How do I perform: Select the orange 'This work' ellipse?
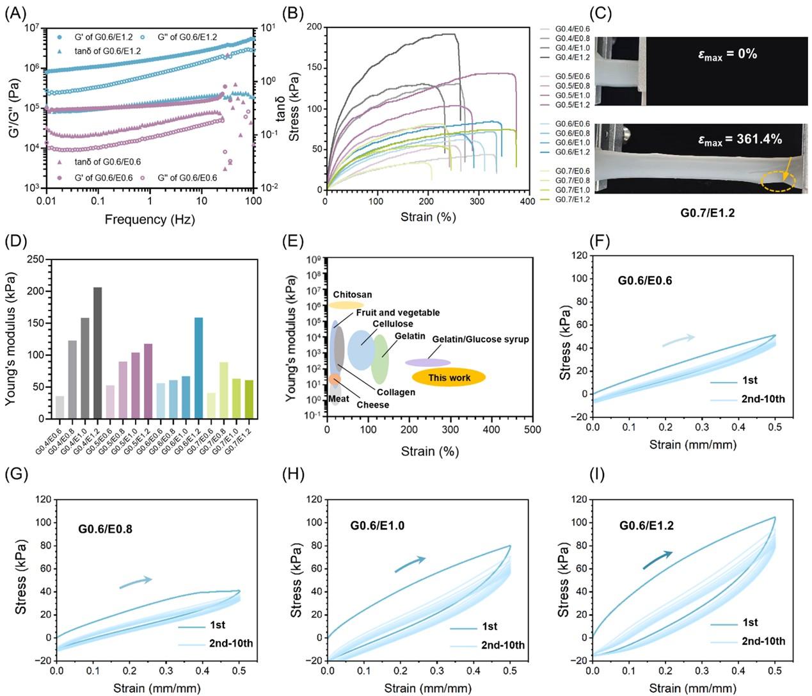point(449,378)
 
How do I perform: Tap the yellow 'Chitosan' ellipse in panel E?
point(346,305)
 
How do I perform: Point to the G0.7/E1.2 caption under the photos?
point(707,213)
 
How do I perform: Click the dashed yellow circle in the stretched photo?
point(778,182)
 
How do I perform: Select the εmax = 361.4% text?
point(740,140)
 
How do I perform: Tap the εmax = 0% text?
point(728,54)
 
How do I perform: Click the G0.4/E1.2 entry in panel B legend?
point(572,58)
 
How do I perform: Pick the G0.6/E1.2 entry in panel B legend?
point(572,152)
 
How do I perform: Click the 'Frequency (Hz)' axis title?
point(150,220)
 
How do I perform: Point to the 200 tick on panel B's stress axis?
point(314,27)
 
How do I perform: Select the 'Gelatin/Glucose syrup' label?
point(480,339)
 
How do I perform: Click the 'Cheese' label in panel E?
point(372,405)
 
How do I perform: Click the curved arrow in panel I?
point(658,559)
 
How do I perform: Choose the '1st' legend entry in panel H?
point(489,627)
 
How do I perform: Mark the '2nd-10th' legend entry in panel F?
point(763,399)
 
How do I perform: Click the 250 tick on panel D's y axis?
point(38,259)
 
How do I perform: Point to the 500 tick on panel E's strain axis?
point(532,430)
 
